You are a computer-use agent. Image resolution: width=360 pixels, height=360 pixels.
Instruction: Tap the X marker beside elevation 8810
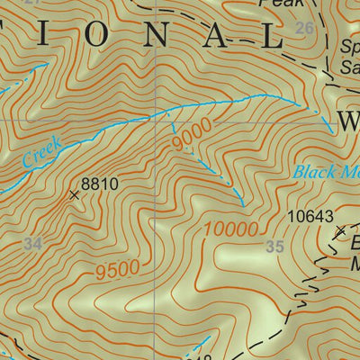74,193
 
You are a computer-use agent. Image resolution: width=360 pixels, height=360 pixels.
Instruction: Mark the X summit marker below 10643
339,232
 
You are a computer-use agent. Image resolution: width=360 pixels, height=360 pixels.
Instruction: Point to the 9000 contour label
191,136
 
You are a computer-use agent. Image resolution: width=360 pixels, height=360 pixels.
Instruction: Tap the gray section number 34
33,244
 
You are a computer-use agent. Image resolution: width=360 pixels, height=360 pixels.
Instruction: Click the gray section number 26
305,29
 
